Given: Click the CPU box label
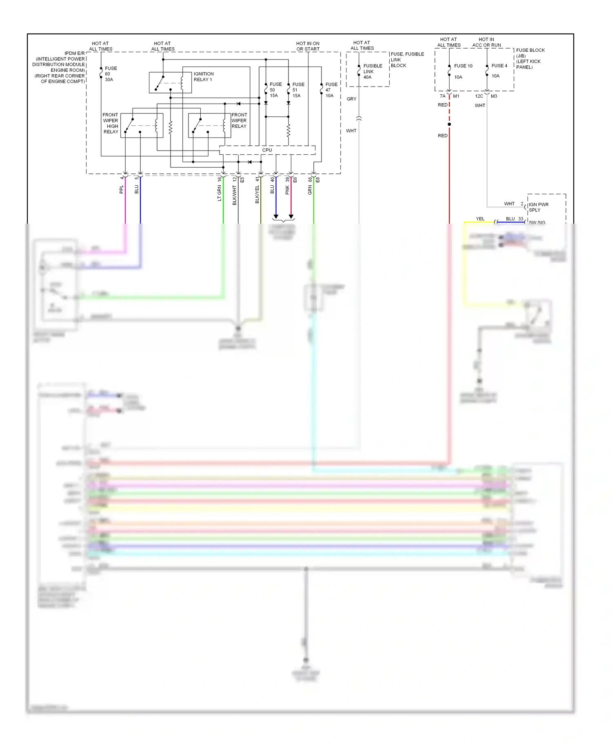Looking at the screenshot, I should pos(267,150).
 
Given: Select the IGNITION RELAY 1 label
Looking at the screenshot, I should pos(203,77).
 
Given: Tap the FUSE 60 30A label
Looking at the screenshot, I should pos(110,74).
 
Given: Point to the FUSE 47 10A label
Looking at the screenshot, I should pos(330,90).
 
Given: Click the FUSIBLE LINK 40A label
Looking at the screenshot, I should pos(372,71).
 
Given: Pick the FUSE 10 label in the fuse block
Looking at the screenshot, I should pos(463,66).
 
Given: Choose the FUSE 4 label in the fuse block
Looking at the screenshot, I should pos(499,66).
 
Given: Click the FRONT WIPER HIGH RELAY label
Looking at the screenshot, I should pos(111,123).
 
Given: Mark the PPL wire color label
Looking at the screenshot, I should pos(121,189).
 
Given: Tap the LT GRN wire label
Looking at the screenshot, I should pos(219,193).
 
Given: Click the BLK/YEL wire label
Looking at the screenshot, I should pos(257,194).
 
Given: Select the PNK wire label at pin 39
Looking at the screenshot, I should pos(287,190).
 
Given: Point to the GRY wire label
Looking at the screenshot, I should pos(351,99).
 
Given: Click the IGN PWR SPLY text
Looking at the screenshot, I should pos(538,207).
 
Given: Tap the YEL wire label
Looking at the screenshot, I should pos(480,219).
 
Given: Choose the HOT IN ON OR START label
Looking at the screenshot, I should pos(308,46).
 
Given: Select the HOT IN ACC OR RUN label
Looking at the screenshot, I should pos(486,42).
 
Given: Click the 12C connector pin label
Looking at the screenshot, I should pos(479,96).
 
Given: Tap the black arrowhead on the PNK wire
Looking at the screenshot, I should pos(291,216).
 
